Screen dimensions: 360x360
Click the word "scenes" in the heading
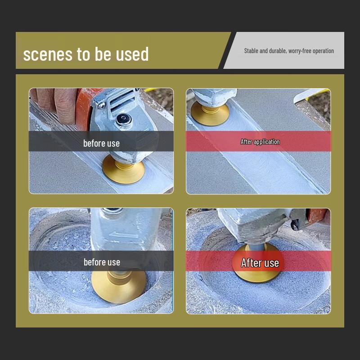tap(48, 54)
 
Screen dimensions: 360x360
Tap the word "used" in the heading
tap(132, 54)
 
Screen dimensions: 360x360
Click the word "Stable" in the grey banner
tap(251, 51)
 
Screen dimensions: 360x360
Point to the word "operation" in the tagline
tap(323, 51)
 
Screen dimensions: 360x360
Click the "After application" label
tap(260, 142)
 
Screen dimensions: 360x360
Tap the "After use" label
tap(260, 263)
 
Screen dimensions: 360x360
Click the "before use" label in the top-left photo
tap(102, 143)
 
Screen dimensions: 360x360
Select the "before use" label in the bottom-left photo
tap(102, 262)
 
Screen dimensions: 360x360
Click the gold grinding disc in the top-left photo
tap(123, 170)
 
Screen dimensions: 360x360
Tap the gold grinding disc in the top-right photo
tap(210, 114)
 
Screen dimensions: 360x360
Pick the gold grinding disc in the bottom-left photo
tap(119, 287)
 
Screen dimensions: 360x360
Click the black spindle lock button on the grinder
tap(122, 119)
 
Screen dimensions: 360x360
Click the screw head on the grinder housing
tap(101, 105)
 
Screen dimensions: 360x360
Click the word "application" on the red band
tap(266, 142)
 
